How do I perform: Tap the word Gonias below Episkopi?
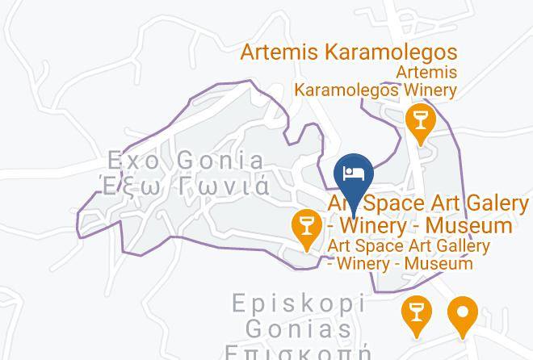point(299,329)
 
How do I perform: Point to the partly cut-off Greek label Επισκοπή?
point(299,353)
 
